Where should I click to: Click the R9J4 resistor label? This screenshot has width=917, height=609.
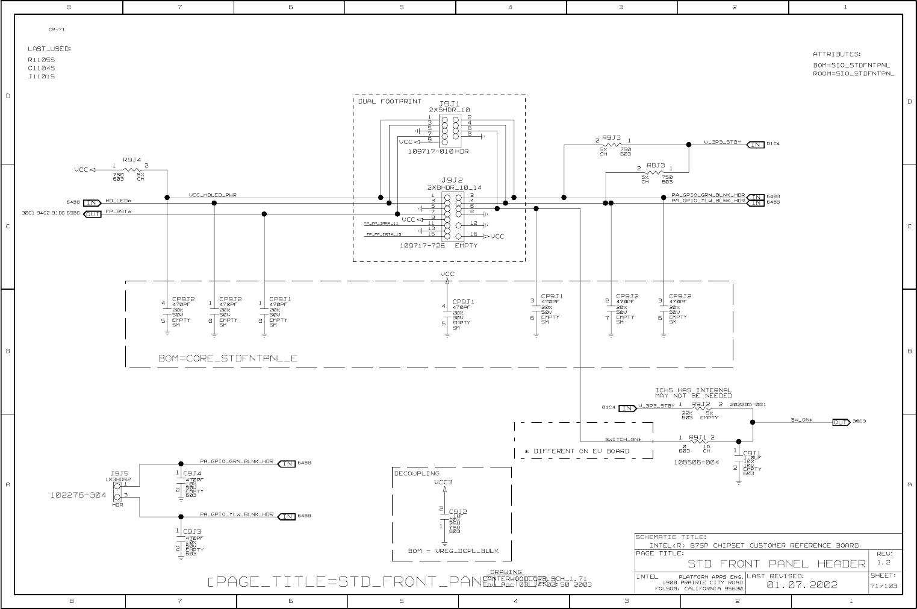coord(132,160)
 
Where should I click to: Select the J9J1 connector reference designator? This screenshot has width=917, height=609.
coord(449,104)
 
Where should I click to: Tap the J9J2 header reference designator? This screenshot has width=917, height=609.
coord(452,180)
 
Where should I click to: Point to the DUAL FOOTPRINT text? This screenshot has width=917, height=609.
coord(381,101)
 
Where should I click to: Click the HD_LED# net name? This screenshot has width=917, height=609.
coord(119,200)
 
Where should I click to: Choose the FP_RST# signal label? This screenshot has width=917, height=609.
coord(118,211)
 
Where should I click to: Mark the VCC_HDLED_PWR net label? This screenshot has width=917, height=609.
coord(213,195)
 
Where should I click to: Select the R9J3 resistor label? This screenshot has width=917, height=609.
coord(611,137)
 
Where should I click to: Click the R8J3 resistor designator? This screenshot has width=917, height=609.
coord(656,164)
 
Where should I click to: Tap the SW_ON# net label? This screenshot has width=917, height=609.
coord(802,420)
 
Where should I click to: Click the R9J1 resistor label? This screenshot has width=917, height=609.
coord(698,437)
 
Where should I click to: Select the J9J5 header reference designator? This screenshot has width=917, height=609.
coord(119,473)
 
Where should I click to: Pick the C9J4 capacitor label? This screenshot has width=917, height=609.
coord(192,473)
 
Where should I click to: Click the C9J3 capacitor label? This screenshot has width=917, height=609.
coord(192,532)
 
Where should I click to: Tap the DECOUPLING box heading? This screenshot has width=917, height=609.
coord(417,473)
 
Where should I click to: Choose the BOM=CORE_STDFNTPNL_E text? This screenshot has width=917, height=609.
coord(228,358)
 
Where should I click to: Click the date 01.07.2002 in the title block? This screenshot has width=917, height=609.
coord(801,585)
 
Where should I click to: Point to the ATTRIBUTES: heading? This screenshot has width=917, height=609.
coord(836,54)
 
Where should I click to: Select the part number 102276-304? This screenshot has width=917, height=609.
coord(78,495)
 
